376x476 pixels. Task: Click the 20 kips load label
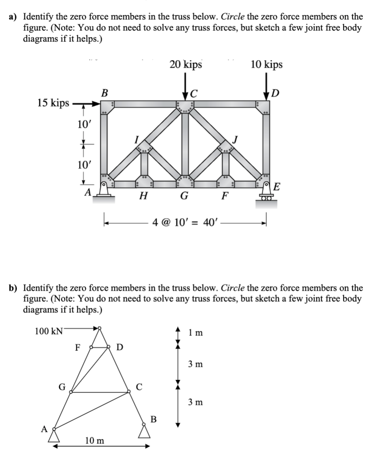pyautogui.click(x=185, y=65)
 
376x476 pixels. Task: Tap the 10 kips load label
pyautogui.click(x=266, y=65)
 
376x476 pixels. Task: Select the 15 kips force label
pyautogui.click(x=53, y=103)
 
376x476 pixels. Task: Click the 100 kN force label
pyautogui.click(x=49, y=331)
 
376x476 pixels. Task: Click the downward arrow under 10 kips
pyautogui.click(x=267, y=88)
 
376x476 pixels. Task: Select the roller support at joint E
pyautogui.click(x=266, y=195)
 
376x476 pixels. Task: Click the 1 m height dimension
pyautogui.click(x=196, y=333)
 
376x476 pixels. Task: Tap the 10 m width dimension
pyautogui.click(x=95, y=441)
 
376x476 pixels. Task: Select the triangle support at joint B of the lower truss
pyautogui.click(x=144, y=430)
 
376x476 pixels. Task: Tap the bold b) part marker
pyautogui.click(x=15, y=288)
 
